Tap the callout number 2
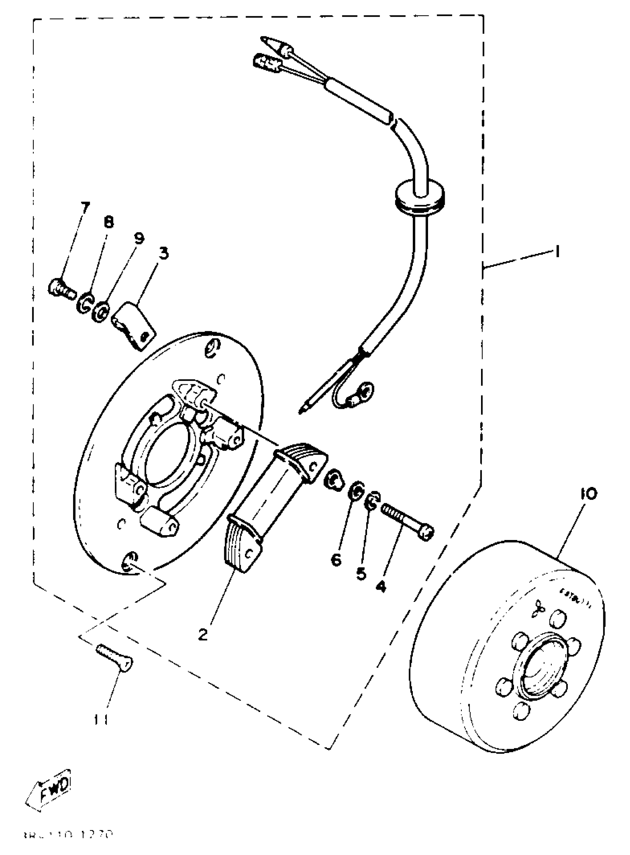coord(203,635)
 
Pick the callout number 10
coord(589,494)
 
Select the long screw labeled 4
coord(407,522)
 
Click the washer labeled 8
coord(84,304)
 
